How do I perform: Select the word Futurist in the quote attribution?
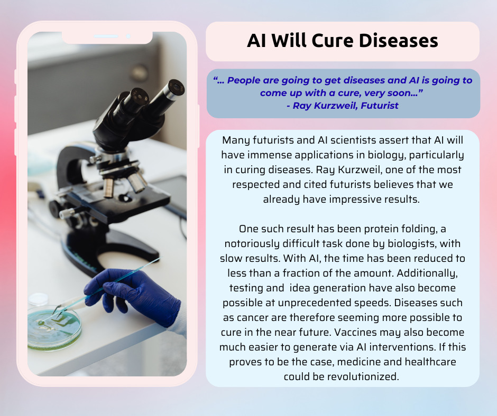pos(380,106)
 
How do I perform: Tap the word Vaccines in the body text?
pos(355,332)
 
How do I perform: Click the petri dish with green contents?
pos(54,327)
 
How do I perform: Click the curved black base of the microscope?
pos(111,250)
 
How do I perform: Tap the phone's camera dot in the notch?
pos(128,36)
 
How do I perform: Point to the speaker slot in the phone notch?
pos(106,36)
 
